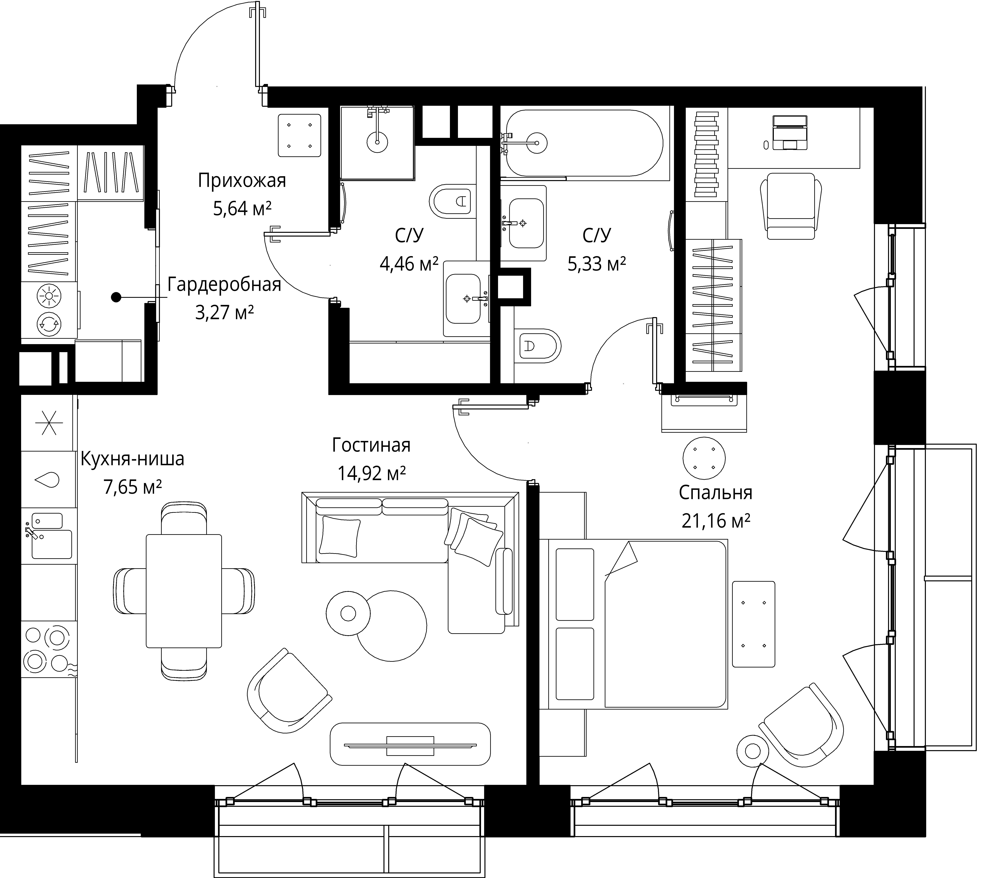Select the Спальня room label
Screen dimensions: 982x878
(x=715, y=493)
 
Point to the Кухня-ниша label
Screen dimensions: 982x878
(x=132, y=459)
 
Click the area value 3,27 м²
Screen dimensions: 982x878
(x=224, y=313)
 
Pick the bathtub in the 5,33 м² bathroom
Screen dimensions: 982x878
(x=584, y=143)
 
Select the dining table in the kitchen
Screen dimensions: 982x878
(x=184, y=591)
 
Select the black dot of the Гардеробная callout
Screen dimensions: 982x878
(x=116, y=298)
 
